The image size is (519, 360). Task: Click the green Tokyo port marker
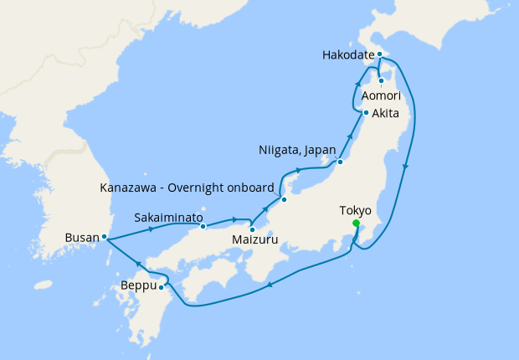tap(357, 224)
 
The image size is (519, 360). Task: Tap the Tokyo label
tap(356, 210)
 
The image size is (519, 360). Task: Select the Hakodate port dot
tap(379, 54)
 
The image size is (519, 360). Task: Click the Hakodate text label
tap(347, 55)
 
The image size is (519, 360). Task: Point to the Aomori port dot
tap(381, 81)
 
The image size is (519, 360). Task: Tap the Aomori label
tap(381, 96)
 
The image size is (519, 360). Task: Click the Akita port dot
tap(366, 113)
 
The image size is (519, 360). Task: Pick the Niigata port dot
tap(340, 162)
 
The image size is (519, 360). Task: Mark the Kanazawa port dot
tap(284, 199)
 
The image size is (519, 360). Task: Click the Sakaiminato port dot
tap(203, 227)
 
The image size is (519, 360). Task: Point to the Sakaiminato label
tap(168, 217)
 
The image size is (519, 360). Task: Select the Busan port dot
tap(104, 237)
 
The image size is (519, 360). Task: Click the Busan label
tap(81, 238)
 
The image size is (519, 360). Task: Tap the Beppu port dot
tap(162, 288)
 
